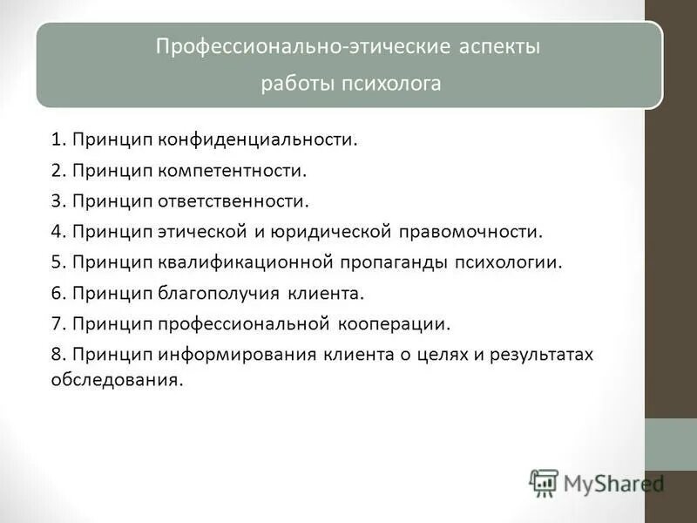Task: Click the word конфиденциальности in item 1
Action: tap(259, 140)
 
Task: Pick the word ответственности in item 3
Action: tap(234, 201)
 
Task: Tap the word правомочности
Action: tap(471, 233)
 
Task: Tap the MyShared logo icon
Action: tap(544, 483)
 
